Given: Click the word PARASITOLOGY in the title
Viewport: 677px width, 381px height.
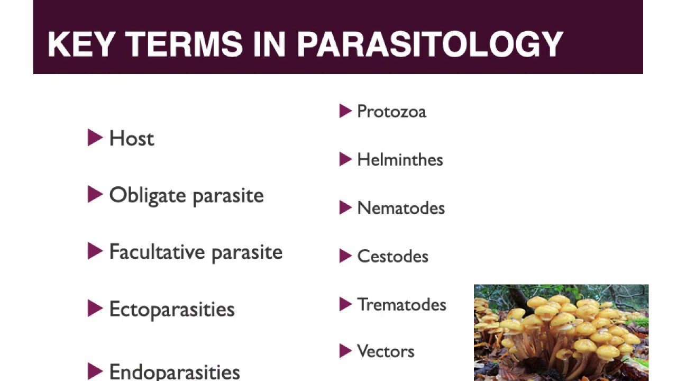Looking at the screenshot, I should [x=429, y=44].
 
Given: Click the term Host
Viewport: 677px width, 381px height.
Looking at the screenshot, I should [x=132, y=139].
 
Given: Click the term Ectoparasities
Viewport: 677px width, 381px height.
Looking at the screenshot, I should [x=172, y=310].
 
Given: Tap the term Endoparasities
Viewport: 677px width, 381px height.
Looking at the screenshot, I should [x=175, y=371].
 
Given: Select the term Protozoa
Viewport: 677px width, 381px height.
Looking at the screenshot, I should [x=391, y=112].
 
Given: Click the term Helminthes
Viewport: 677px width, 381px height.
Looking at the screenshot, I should [x=400, y=160].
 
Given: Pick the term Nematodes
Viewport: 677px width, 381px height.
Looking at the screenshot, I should [x=401, y=208].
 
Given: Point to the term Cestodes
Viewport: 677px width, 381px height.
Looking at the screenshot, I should [x=392, y=257].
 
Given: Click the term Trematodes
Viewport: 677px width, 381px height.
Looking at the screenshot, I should [x=401, y=305].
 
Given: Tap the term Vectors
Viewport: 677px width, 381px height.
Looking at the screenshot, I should [x=386, y=351].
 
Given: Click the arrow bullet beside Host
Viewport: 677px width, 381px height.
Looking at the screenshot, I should [x=95, y=138].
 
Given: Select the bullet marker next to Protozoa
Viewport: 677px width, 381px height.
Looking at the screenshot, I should [x=345, y=111].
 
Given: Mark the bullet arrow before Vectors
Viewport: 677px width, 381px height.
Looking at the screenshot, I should [x=345, y=350].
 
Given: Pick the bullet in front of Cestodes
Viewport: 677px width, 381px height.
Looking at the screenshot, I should [x=345, y=256].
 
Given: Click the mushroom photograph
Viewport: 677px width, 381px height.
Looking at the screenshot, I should [x=561, y=332].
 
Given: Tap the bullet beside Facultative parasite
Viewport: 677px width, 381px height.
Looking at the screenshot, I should [x=95, y=251].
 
